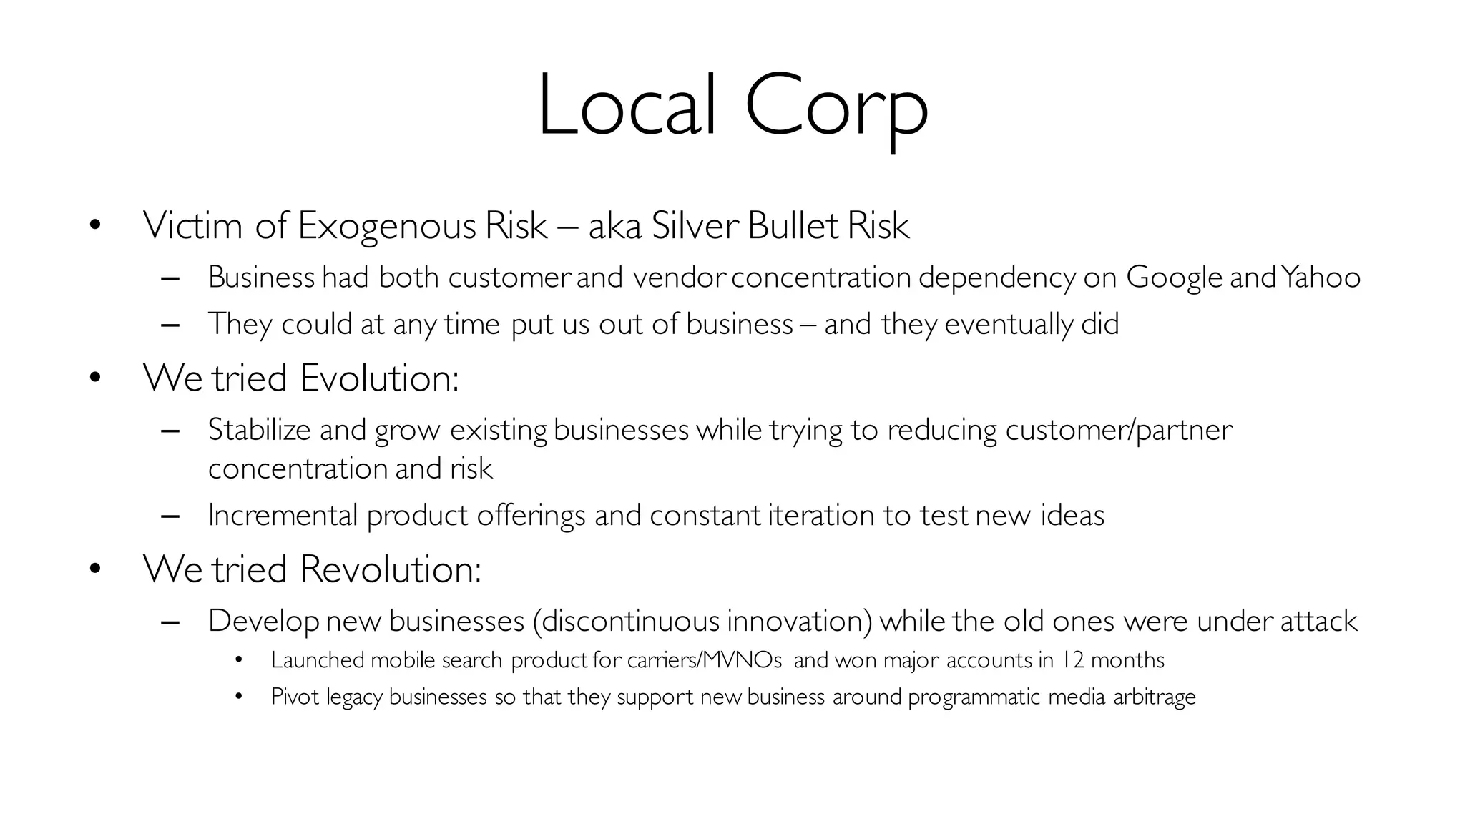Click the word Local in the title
(x=627, y=106)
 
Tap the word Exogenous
(x=386, y=226)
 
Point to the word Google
(x=1174, y=278)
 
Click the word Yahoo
(x=1321, y=278)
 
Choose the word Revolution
(x=391, y=569)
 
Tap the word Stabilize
(x=260, y=430)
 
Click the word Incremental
(x=283, y=515)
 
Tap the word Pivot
(x=295, y=696)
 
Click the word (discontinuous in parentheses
(x=626, y=621)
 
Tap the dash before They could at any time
(x=170, y=325)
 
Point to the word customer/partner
(x=1119, y=430)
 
